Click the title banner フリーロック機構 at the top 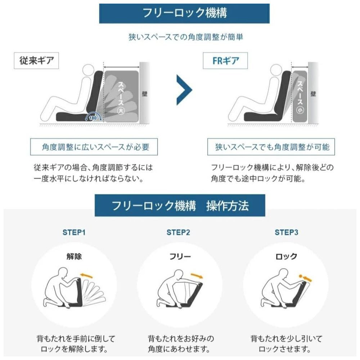[184, 13]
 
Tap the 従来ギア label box [36, 60]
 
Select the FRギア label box [225, 60]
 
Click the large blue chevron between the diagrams [184, 90]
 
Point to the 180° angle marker [93, 118]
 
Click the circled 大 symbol [121, 111]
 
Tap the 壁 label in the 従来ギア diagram [144, 94]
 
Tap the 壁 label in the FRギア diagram [313, 94]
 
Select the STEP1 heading [74, 232]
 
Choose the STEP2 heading [179, 232]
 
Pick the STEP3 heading [287, 232]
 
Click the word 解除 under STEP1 [74, 256]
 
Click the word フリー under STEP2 [180, 256]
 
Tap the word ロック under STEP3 [286, 256]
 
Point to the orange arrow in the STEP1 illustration [86, 275]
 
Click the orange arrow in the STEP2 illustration [197, 276]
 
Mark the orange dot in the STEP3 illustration [301, 276]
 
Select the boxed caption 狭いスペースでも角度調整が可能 [271, 147]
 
